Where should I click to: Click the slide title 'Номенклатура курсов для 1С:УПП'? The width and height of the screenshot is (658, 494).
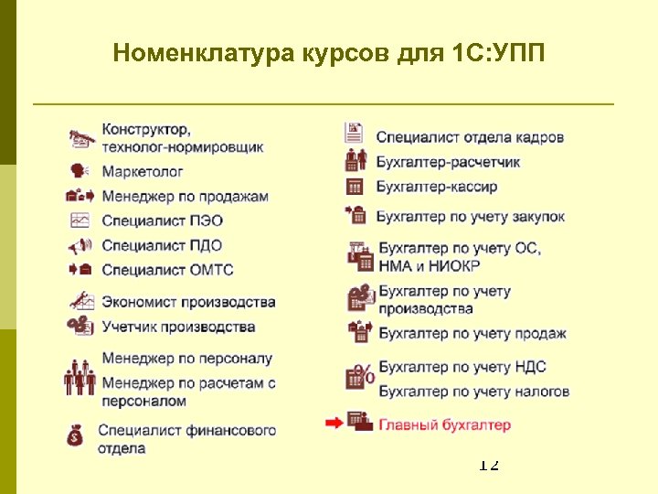click(x=328, y=52)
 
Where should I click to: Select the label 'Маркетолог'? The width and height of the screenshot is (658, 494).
click(x=143, y=171)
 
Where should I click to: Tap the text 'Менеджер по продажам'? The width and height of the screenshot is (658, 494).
click(x=185, y=196)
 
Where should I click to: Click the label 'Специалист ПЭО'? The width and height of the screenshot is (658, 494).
click(x=162, y=220)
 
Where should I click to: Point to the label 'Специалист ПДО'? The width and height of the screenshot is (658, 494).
click(x=162, y=245)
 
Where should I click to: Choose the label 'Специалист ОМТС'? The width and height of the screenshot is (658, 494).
click(x=167, y=270)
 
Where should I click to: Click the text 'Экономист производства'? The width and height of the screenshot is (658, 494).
click(x=188, y=302)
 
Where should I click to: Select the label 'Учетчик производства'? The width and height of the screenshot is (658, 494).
click(x=178, y=327)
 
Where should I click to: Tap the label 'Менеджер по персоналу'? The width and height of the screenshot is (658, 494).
click(x=186, y=359)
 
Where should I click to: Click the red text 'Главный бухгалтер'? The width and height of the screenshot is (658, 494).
click(x=444, y=424)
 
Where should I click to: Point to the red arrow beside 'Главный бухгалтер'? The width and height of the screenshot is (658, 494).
click(x=334, y=423)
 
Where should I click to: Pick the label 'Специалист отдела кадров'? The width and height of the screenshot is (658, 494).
click(x=470, y=137)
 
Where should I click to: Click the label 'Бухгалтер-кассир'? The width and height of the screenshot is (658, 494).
click(x=437, y=187)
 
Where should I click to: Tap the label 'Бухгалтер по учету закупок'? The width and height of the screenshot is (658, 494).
click(x=471, y=217)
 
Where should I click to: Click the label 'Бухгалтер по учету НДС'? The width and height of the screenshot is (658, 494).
click(x=462, y=367)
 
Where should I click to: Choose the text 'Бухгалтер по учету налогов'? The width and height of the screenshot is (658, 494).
click(x=473, y=392)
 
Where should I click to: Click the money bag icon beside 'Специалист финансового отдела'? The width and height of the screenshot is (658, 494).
click(x=76, y=435)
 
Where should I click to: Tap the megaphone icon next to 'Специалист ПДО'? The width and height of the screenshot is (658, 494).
click(x=80, y=245)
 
